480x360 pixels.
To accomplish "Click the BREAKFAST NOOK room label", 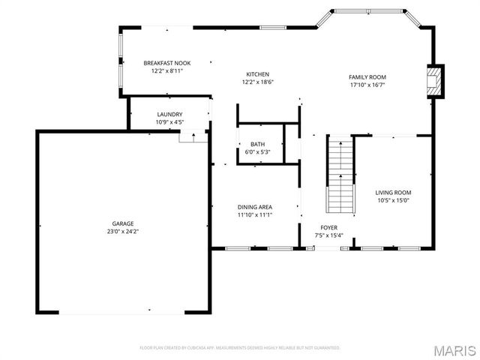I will (x=163, y=64).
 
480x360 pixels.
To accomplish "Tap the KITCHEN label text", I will (x=257, y=73).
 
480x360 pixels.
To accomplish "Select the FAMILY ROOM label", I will (x=367, y=77).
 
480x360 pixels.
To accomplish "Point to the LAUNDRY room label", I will (x=169, y=114).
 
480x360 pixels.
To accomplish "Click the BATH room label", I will (x=257, y=144).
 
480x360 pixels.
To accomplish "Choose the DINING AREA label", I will (x=254, y=207).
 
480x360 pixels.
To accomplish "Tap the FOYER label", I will (x=328, y=227).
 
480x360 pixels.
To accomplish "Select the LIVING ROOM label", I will (x=393, y=193).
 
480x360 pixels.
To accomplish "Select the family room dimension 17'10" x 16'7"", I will (x=367, y=85).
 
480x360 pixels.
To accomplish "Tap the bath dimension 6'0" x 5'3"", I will (x=257, y=151).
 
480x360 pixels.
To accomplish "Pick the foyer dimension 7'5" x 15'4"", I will (x=328, y=235).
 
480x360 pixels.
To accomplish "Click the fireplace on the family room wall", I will (x=433, y=82).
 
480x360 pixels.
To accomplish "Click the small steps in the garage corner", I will (x=193, y=136).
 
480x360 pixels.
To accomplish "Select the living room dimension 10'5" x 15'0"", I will (x=393, y=200).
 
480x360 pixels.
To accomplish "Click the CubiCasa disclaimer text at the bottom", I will (x=240, y=348).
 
